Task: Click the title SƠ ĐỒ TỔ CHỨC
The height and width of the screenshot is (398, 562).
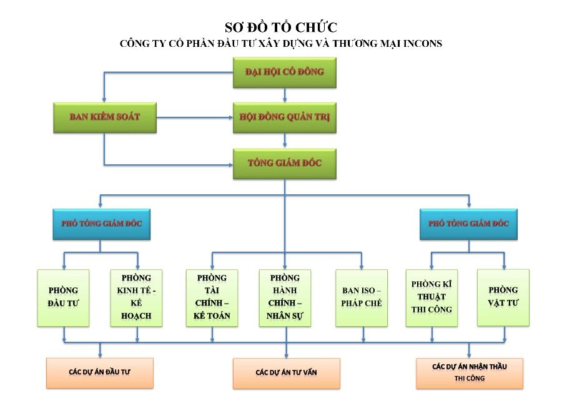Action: point(281,27)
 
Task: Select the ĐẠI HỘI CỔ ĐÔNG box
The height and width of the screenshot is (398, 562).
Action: point(285,72)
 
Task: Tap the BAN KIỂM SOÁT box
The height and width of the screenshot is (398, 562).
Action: point(105,117)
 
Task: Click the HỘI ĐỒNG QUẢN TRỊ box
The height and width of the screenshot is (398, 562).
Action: point(285,117)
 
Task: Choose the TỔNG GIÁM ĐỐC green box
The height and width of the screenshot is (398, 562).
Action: point(285,164)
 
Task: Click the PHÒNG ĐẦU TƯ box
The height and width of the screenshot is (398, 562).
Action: point(64,298)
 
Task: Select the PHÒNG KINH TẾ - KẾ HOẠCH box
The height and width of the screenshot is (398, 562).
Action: point(136,298)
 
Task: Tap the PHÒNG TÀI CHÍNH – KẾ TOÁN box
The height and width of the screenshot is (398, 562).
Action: point(212,298)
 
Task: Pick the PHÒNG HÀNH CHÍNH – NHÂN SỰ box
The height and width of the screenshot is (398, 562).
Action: point(285,298)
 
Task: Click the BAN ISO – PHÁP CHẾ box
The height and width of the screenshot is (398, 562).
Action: point(362,298)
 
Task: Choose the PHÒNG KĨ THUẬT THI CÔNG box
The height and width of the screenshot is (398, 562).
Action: point(431,298)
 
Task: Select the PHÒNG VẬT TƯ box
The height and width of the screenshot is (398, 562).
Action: point(503,297)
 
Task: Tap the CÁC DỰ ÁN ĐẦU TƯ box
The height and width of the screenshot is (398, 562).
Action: point(100,373)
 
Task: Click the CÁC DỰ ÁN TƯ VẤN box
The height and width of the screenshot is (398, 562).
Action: point(287,373)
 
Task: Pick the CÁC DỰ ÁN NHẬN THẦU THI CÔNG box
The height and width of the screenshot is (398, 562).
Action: point(470,373)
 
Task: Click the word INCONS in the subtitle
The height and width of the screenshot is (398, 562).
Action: point(423,44)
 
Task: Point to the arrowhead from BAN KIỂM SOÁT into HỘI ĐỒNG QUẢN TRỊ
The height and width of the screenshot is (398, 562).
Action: point(231,117)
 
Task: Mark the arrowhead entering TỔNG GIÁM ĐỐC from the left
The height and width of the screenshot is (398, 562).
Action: point(231,165)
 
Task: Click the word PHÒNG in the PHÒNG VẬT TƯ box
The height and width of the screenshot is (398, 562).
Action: point(503,290)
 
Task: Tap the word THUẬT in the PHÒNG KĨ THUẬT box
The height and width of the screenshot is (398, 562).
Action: point(431,297)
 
